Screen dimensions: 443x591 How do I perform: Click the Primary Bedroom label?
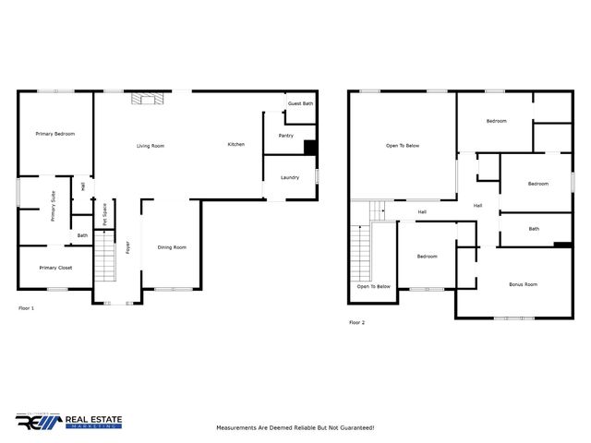[55, 134]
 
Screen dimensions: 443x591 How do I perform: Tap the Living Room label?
[151, 146]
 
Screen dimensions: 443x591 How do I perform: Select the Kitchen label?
[236, 144]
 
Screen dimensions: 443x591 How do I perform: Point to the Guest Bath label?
[300, 103]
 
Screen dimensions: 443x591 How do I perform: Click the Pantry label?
[285, 136]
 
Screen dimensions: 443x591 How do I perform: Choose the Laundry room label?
[289, 177]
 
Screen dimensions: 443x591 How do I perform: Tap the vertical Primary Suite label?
[54, 205]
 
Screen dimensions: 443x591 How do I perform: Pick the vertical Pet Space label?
[105, 214]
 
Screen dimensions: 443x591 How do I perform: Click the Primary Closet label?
[55, 268]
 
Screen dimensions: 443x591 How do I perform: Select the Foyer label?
[128, 247]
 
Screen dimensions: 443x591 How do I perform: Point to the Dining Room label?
[172, 246]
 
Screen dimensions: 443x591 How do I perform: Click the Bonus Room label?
[523, 284]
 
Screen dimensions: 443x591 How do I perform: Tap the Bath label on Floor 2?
[534, 229]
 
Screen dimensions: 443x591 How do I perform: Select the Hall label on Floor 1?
[83, 187]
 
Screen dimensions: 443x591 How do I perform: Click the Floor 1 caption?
[26, 307]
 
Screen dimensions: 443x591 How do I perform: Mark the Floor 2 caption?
[356, 322]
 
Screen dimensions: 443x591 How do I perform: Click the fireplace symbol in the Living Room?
[144, 99]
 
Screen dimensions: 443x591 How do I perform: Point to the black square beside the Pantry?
[310, 146]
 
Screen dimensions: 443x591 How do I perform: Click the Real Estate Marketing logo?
[68, 422]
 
